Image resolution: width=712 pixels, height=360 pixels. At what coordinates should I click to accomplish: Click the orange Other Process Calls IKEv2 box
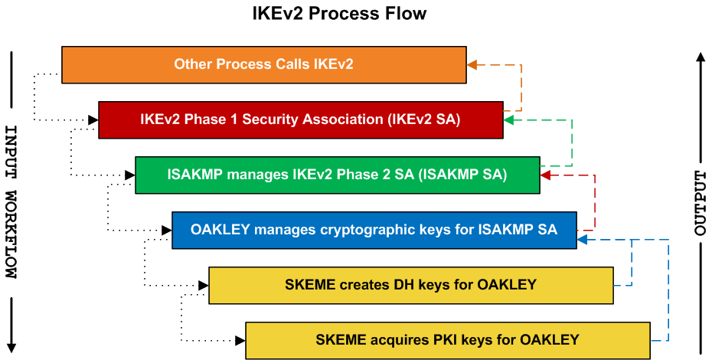tap(263, 64)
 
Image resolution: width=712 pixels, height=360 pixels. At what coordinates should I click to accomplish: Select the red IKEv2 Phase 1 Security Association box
tap(300, 119)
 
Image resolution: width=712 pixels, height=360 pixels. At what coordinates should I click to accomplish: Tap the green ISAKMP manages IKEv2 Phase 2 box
tap(337, 175)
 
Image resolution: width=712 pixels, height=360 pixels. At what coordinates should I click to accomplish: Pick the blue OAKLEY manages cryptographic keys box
tap(374, 230)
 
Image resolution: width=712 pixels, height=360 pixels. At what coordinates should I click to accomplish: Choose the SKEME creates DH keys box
tap(410, 285)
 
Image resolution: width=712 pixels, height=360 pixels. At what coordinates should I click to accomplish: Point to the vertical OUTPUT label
tap(700, 203)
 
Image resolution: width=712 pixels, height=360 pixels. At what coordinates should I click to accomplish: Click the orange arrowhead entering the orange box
tap(472, 64)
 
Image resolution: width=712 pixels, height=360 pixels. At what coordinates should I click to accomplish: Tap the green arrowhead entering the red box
tap(508, 119)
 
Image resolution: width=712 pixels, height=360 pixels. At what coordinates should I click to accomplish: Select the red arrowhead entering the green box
tap(545, 175)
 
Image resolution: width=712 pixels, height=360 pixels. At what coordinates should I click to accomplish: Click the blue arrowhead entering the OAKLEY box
tap(582, 240)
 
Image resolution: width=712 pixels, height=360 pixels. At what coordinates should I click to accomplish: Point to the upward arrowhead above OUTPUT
tap(700, 57)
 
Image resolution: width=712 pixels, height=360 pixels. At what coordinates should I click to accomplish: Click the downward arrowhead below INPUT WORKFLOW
tap(11, 347)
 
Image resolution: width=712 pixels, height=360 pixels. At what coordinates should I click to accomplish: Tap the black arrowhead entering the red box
tap(93, 119)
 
